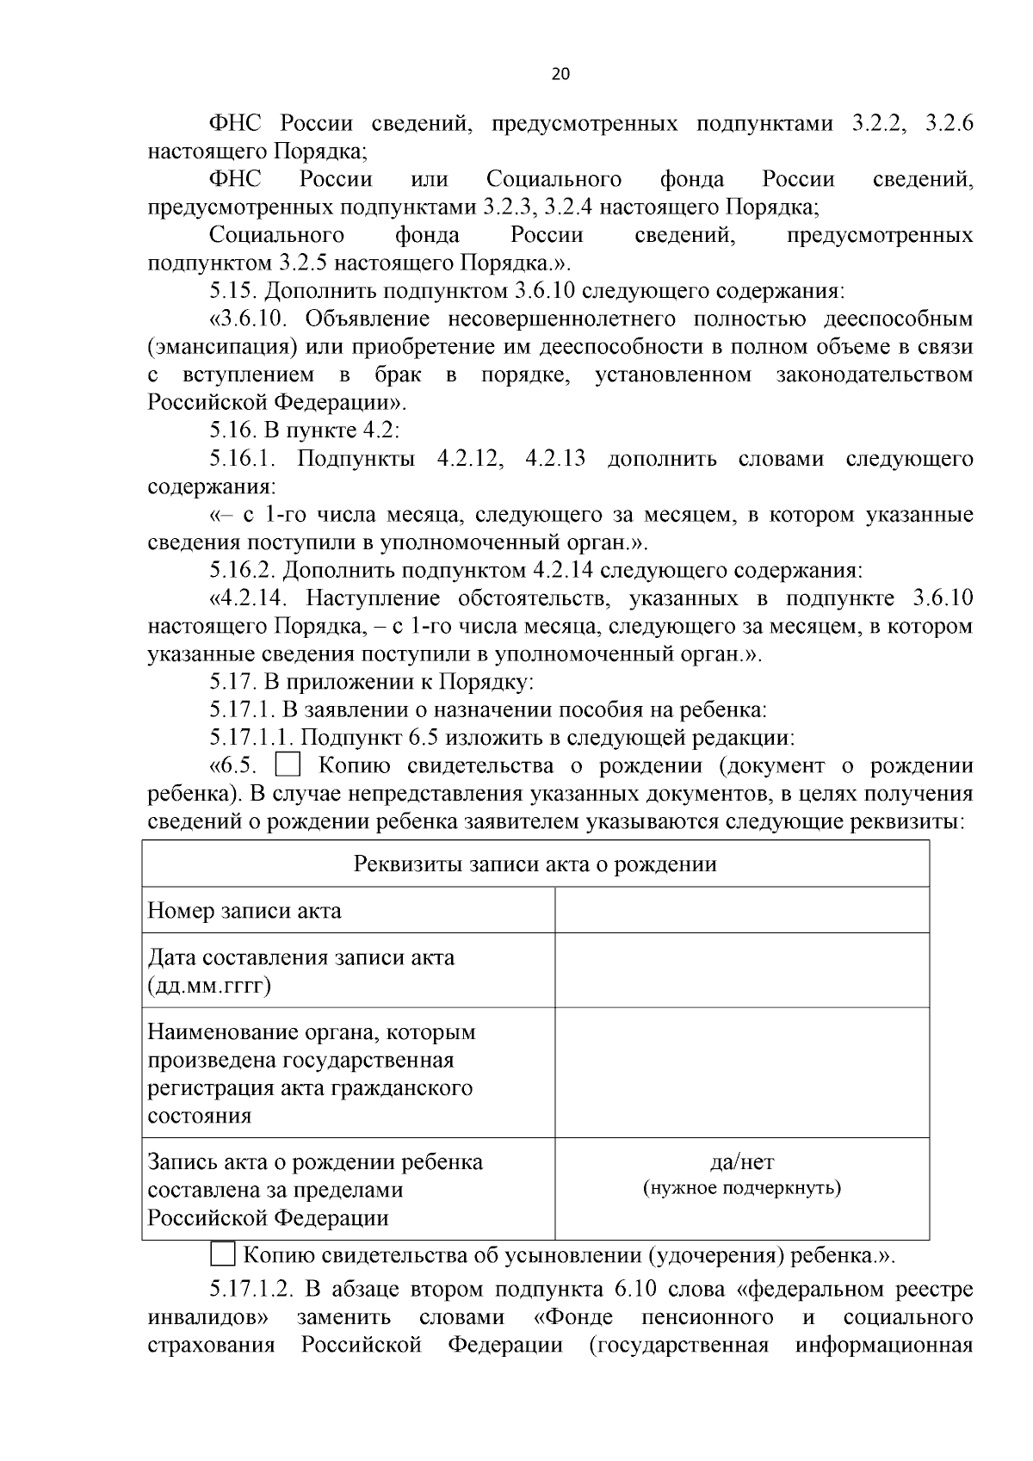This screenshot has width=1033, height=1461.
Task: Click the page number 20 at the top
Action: coord(560,74)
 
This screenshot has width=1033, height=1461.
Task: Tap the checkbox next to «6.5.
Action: coord(288,765)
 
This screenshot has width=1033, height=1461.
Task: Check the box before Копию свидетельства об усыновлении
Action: coord(223,1254)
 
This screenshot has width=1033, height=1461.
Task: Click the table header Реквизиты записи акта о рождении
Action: coord(535,864)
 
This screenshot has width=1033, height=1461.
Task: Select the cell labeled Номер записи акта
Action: coord(244,910)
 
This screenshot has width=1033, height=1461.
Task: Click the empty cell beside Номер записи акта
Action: coord(741,910)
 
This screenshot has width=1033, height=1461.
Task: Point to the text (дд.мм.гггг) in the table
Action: coord(209,985)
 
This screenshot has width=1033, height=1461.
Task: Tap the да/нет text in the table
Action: coord(741,1161)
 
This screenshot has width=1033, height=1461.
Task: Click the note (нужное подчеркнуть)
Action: coord(741,1188)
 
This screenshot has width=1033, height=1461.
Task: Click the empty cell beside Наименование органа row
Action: coord(741,1073)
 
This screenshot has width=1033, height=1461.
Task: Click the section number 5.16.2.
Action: coord(243,571)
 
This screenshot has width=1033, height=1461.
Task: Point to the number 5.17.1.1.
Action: coord(252,738)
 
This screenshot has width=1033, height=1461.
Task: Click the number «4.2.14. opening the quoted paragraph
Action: coord(253,598)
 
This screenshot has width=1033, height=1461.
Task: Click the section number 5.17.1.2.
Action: coord(252,1290)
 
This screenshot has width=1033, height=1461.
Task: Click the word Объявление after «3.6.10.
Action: coord(367,319)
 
